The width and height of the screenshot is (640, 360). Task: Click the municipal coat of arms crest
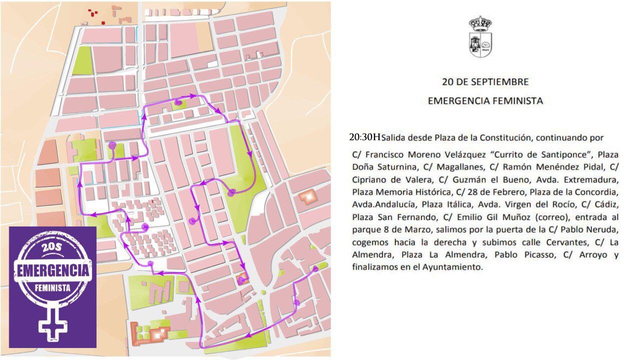pos(480,36)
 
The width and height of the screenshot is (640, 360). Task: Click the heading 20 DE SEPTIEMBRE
pos(485,81)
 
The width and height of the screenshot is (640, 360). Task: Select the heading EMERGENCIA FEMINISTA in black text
pos(485,101)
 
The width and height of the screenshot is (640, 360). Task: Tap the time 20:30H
pos(365,137)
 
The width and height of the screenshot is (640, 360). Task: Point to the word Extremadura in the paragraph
pos(595,179)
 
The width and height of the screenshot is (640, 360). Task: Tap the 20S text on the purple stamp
pos(53,249)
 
